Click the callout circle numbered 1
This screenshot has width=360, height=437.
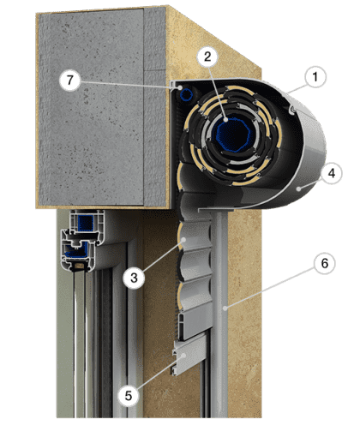pyautogui.click(x=315, y=77)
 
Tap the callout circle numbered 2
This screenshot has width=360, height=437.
pyautogui.click(x=207, y=57)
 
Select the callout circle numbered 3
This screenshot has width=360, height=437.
pyautogui.click(x=134, y=278)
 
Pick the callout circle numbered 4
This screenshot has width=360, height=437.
pyautogui.click(x=331, y=173)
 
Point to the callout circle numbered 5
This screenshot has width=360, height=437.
pyautogui.click(x=129, y=396)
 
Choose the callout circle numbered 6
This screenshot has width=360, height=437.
pyautogui.click(x=325, y=263)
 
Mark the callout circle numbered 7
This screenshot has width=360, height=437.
pyautogui.click(x=70, y=80)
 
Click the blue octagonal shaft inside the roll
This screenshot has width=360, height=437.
pyautogui.click(x=233, y=135)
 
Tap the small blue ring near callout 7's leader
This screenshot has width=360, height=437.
pyautogui.click(x=187, y=94)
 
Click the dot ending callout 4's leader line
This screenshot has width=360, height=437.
pyautogui.click(x=298, y=189)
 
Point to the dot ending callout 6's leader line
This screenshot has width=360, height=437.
pyautogui.click(x=225, y=308)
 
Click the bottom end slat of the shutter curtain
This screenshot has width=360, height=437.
pyautogui.click(x=189, y=357)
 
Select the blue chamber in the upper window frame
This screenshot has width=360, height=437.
pyautogui.click(x=86, y=223)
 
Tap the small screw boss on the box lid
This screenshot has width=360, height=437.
pyautogui.click(x=292, y=110)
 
